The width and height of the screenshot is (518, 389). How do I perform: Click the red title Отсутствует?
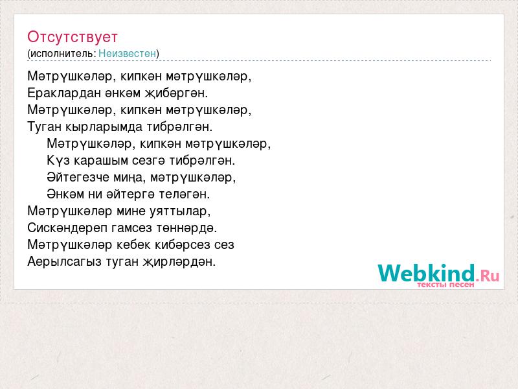point(73,37)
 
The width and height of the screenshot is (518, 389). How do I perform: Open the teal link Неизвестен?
point(127,53)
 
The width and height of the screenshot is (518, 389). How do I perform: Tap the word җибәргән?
point(176,93)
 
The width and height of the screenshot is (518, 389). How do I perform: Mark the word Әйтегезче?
point(78,177)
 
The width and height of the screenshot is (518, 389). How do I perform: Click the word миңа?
point(129,178)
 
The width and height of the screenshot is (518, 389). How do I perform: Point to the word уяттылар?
point(180,211)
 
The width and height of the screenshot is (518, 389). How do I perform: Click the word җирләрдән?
point(179,262)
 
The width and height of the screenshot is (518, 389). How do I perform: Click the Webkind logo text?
point(438,273)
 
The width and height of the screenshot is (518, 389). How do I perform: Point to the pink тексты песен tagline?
point(445,285)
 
